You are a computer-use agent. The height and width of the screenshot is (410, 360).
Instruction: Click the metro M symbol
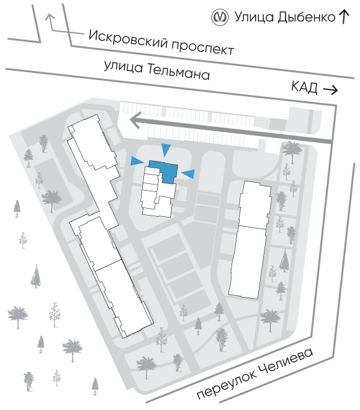pos(220,17)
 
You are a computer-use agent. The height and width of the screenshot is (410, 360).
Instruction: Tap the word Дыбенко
pos(306,17)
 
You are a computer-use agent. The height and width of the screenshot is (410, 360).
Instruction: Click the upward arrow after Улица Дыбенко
pos(344,17)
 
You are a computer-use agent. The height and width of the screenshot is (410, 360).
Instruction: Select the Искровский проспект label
pos(161,42)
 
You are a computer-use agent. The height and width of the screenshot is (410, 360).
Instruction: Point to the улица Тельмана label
pos(157,70)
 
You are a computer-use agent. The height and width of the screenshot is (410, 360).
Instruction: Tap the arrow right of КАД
pos(331,90)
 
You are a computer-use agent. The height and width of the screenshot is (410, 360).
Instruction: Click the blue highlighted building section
pos(164,170)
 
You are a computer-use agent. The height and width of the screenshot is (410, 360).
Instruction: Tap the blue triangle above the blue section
pos(166,149)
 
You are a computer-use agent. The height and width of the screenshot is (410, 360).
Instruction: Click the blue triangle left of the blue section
pos(137,161)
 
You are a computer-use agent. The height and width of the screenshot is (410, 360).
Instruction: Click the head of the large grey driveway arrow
pos(135,121)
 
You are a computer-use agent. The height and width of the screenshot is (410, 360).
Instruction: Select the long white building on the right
pos(250,240)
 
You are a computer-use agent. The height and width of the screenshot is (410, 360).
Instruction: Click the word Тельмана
pos(178,72)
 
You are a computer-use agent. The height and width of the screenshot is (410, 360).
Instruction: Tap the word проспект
pos(203,48)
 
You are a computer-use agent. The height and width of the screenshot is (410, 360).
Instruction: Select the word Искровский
pos(128,39)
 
